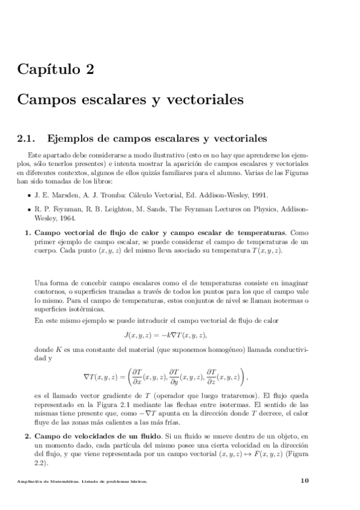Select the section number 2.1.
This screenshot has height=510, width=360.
(x=27, y=140)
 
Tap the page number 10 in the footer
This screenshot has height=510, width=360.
(x=304, y=480)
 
